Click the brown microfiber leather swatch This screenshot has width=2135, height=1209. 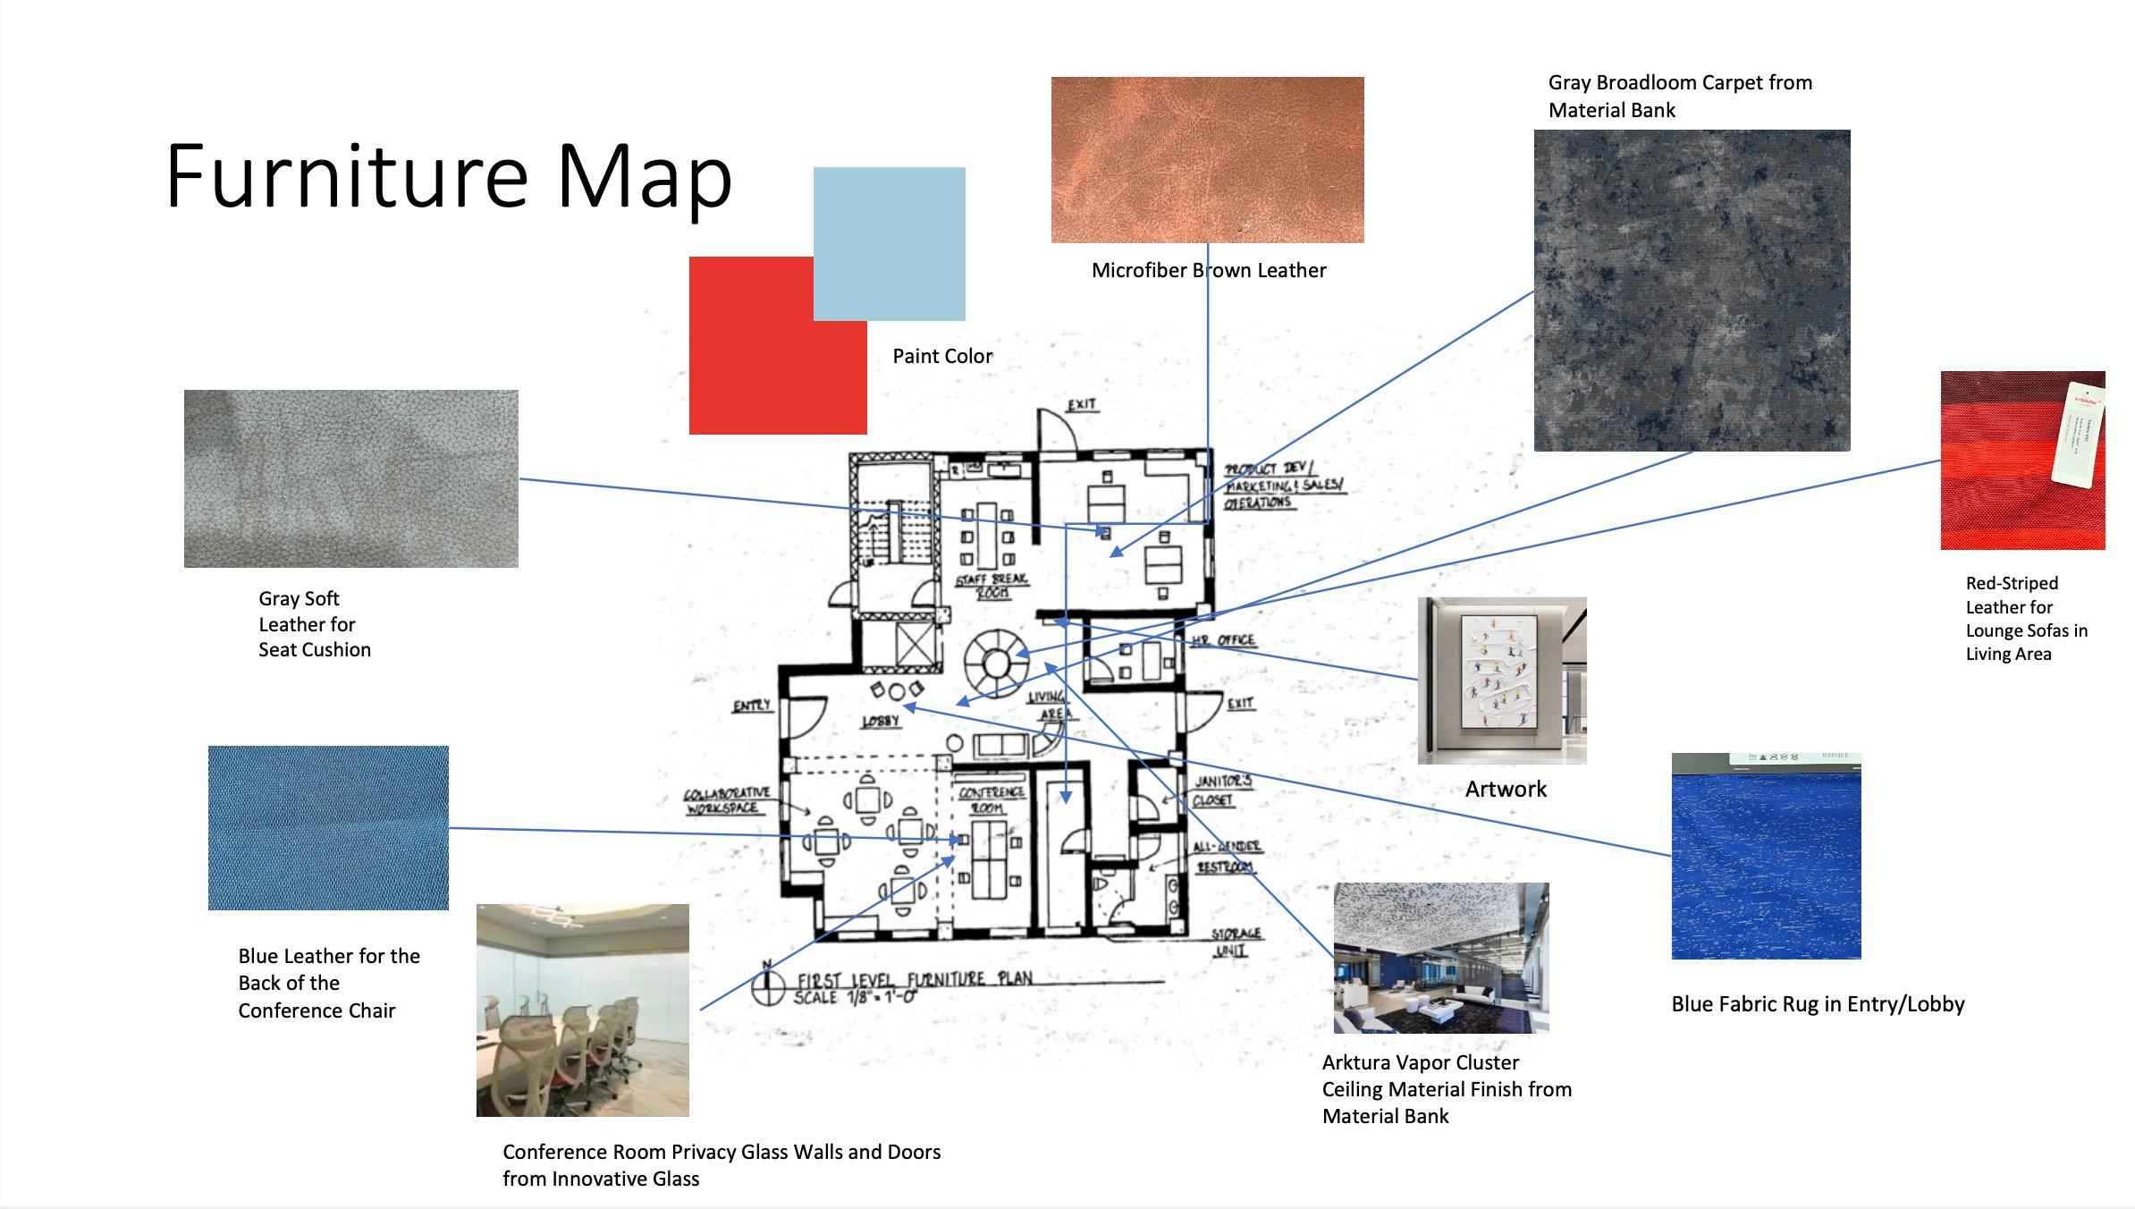click(1207, 159)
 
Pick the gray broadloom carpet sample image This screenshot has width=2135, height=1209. click(1692, 290)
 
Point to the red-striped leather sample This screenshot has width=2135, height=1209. click(2022, 460)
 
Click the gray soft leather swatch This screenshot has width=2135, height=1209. click(350, 478)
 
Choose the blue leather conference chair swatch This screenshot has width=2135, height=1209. click(328, 827)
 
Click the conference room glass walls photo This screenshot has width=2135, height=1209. click(582, 1010)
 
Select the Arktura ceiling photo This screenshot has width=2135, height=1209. click(1441, 958)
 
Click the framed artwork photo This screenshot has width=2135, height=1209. click(1502, 681)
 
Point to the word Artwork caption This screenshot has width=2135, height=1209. click(1506, 789)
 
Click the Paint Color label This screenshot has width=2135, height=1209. click(942, 356)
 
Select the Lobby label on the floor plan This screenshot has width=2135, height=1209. click(880, 721)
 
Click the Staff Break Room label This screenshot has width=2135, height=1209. click(992, 586)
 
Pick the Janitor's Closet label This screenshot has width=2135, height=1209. click(1222, 790)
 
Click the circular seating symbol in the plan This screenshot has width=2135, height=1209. click(996, 664)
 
